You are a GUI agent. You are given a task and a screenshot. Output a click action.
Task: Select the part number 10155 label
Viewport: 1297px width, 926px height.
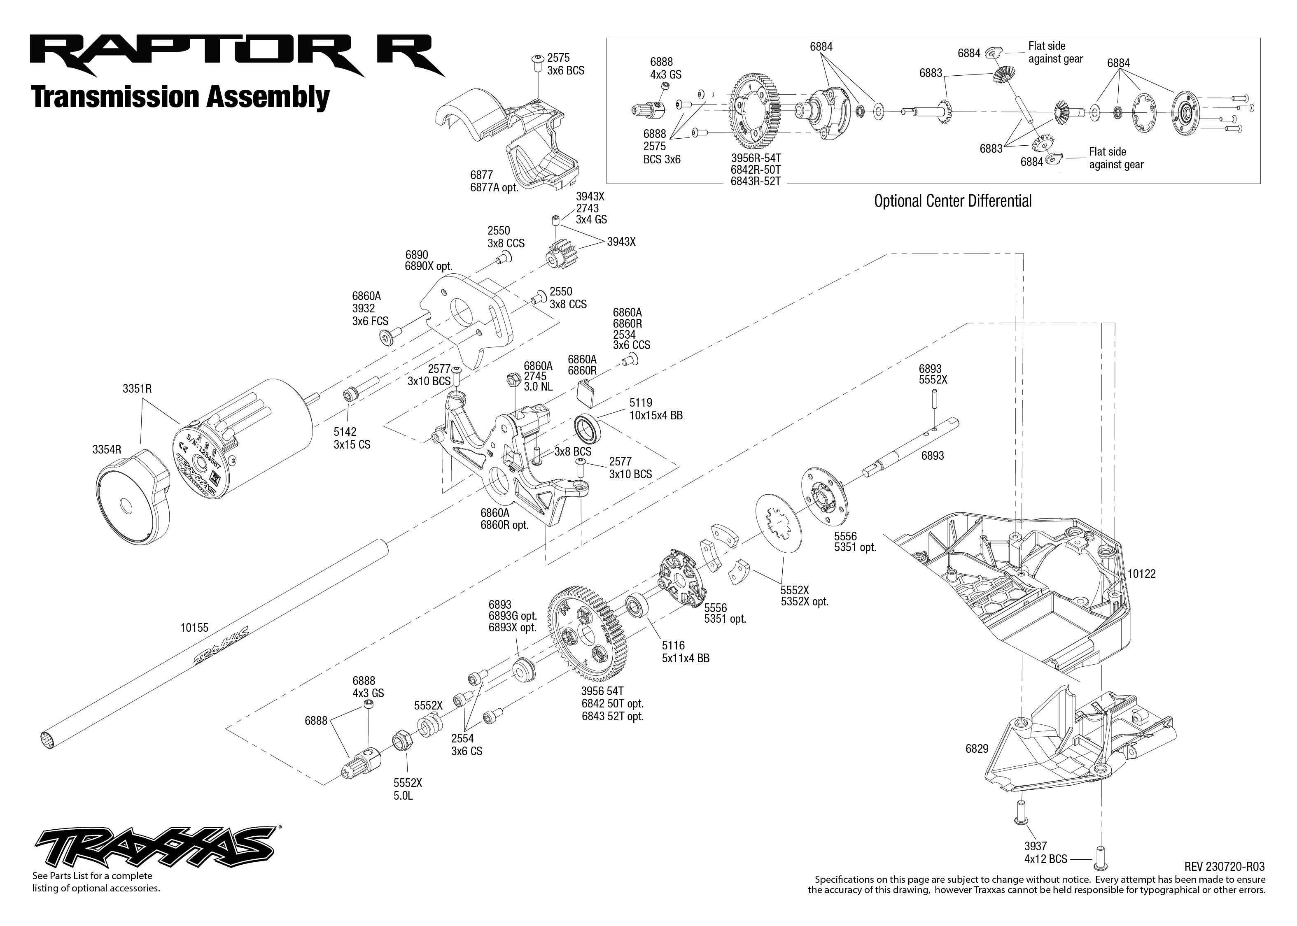(194, 628)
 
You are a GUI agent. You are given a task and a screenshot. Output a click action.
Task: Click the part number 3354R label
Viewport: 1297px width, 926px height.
(107, 450)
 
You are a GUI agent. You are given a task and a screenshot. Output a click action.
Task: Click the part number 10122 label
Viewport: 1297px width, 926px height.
(1141, 574)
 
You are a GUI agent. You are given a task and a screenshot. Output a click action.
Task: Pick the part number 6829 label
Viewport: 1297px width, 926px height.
(977, 749)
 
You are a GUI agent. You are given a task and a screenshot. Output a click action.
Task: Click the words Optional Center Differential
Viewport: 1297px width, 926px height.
(952, 201)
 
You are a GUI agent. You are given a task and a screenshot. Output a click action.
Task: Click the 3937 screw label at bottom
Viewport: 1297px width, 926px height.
(1035, 846)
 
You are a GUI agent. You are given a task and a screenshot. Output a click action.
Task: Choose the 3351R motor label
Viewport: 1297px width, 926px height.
(137, 389)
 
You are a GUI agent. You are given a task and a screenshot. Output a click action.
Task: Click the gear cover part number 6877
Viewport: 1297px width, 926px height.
(481, 175)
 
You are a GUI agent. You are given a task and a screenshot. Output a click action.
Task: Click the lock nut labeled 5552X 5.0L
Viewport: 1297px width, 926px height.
(400, 742)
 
